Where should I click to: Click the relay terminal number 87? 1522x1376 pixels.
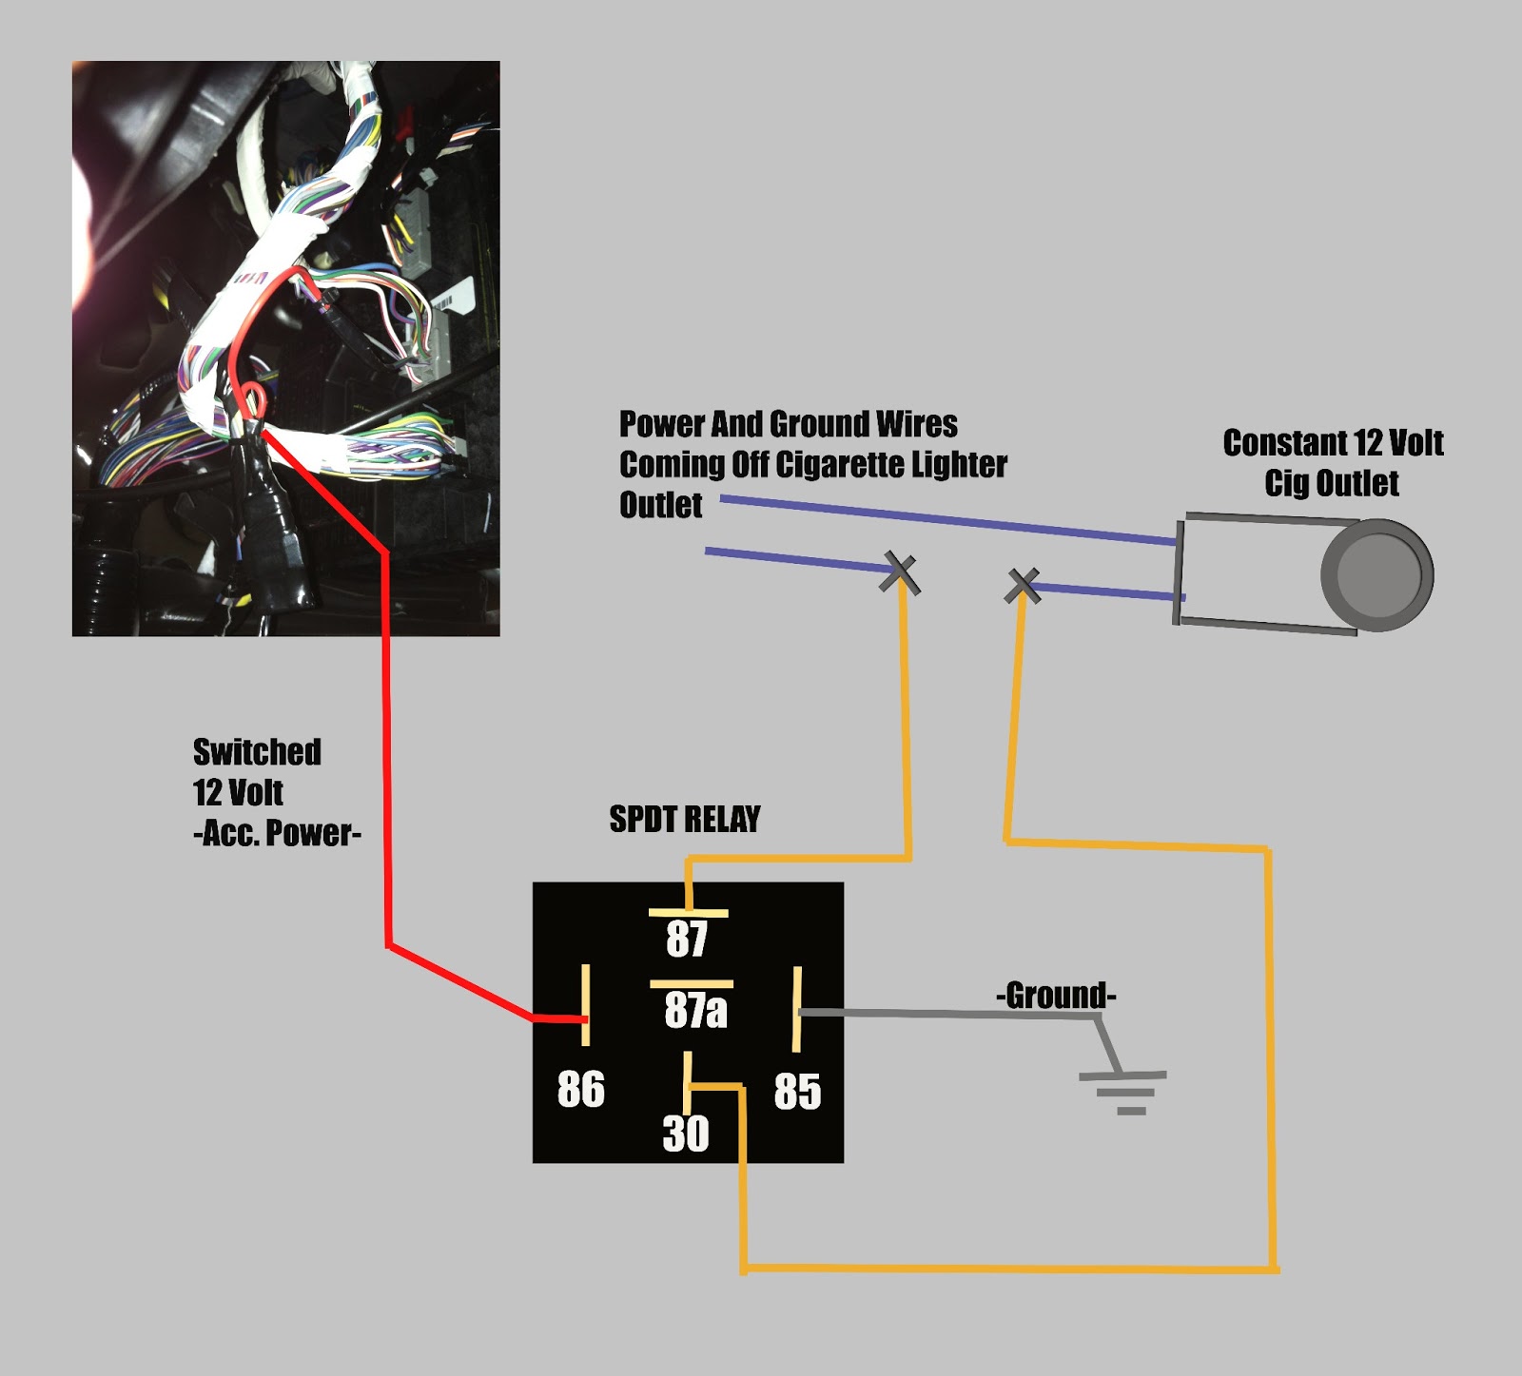[687, 940]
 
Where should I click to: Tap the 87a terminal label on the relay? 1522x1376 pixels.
[695, 1010]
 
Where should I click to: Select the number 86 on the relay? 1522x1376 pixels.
[580, 1090]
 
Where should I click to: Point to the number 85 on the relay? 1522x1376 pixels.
[797, 1092]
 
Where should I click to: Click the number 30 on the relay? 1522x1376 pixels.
[686, 1134]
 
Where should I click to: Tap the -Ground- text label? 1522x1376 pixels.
[1056, 996]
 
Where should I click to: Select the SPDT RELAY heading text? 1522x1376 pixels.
[685, 819]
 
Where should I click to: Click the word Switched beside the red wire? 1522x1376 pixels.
[257, 752]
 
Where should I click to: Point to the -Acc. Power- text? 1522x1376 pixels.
[277, 833]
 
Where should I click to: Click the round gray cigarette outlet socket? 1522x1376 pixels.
[1376, 574]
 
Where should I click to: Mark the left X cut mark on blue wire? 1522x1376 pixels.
[899, 572]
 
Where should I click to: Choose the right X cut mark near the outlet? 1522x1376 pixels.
[1023, 586]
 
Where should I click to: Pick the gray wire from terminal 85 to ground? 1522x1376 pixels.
[951, 1015]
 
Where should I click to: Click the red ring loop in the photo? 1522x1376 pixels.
[253, 398]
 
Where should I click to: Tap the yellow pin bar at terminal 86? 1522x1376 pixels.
[585, 1004]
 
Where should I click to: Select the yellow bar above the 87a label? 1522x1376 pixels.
[692, 984]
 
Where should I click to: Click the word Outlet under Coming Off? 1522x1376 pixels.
[661, 505]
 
